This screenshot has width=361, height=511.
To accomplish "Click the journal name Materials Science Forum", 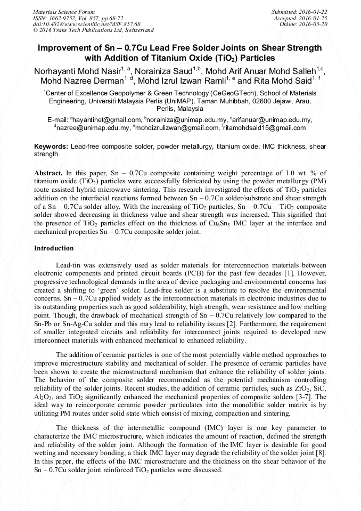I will pyautogui.click(x=64, y=11).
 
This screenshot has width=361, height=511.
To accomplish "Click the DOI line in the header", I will pyautogui.click(x=86, y=24).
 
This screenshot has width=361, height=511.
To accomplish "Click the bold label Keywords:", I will pyautogui.click(x=51, y=146).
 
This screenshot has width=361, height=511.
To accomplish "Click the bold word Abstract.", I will pyautogui.click(x=48, y=173).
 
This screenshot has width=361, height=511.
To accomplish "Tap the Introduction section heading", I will pyautogui.click(x=54, y=248).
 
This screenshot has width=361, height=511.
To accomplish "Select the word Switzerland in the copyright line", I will pyautogui.click(x=136, y=30).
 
